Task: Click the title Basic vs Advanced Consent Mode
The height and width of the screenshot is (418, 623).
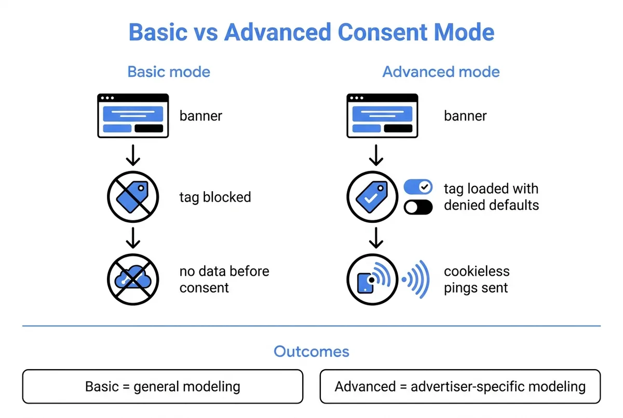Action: click(x=311, y=32)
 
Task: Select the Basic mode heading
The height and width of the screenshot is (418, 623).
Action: click(x=169, y=72)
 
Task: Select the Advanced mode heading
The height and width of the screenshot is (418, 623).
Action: click(x=441, y=72)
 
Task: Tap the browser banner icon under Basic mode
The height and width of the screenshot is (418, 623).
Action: click(x=133, y=115)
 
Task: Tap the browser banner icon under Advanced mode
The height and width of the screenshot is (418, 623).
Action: click(x=382, y=115)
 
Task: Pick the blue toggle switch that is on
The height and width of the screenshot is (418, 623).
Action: click(x=418, y=187)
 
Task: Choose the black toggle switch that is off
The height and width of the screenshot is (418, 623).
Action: click(x=418, y=207)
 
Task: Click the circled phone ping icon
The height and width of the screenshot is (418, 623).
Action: click(x=372, y=279)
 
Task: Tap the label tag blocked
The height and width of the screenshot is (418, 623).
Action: click(x=215, y=197)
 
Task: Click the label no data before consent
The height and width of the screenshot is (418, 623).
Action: click(x=224, y=279)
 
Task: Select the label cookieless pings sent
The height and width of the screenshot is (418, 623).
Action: click(x=477, y=279)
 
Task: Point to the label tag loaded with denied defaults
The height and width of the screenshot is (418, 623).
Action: click(x=491, y=197)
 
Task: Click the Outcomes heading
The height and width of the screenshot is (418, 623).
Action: click(x=311, y=352)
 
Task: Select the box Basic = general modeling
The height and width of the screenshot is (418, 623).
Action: click(x=162, y=386)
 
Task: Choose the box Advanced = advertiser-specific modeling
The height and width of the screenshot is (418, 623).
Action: click(x=460, y=386)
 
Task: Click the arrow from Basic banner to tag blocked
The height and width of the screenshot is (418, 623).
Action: click(x=133, y=155)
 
